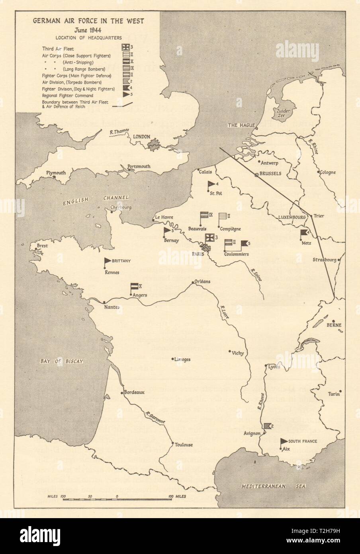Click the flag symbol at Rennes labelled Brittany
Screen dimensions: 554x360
(x=107, y=262)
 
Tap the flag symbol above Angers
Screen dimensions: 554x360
(x=134, y=287)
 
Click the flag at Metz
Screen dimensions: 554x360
(x=304, y=233)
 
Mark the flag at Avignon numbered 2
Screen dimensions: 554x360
(x=266, y=426)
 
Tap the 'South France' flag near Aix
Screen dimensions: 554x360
(x=284, y=441)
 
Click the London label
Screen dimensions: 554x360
(x=141, y=137)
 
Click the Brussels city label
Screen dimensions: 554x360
(x=271, y=174)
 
